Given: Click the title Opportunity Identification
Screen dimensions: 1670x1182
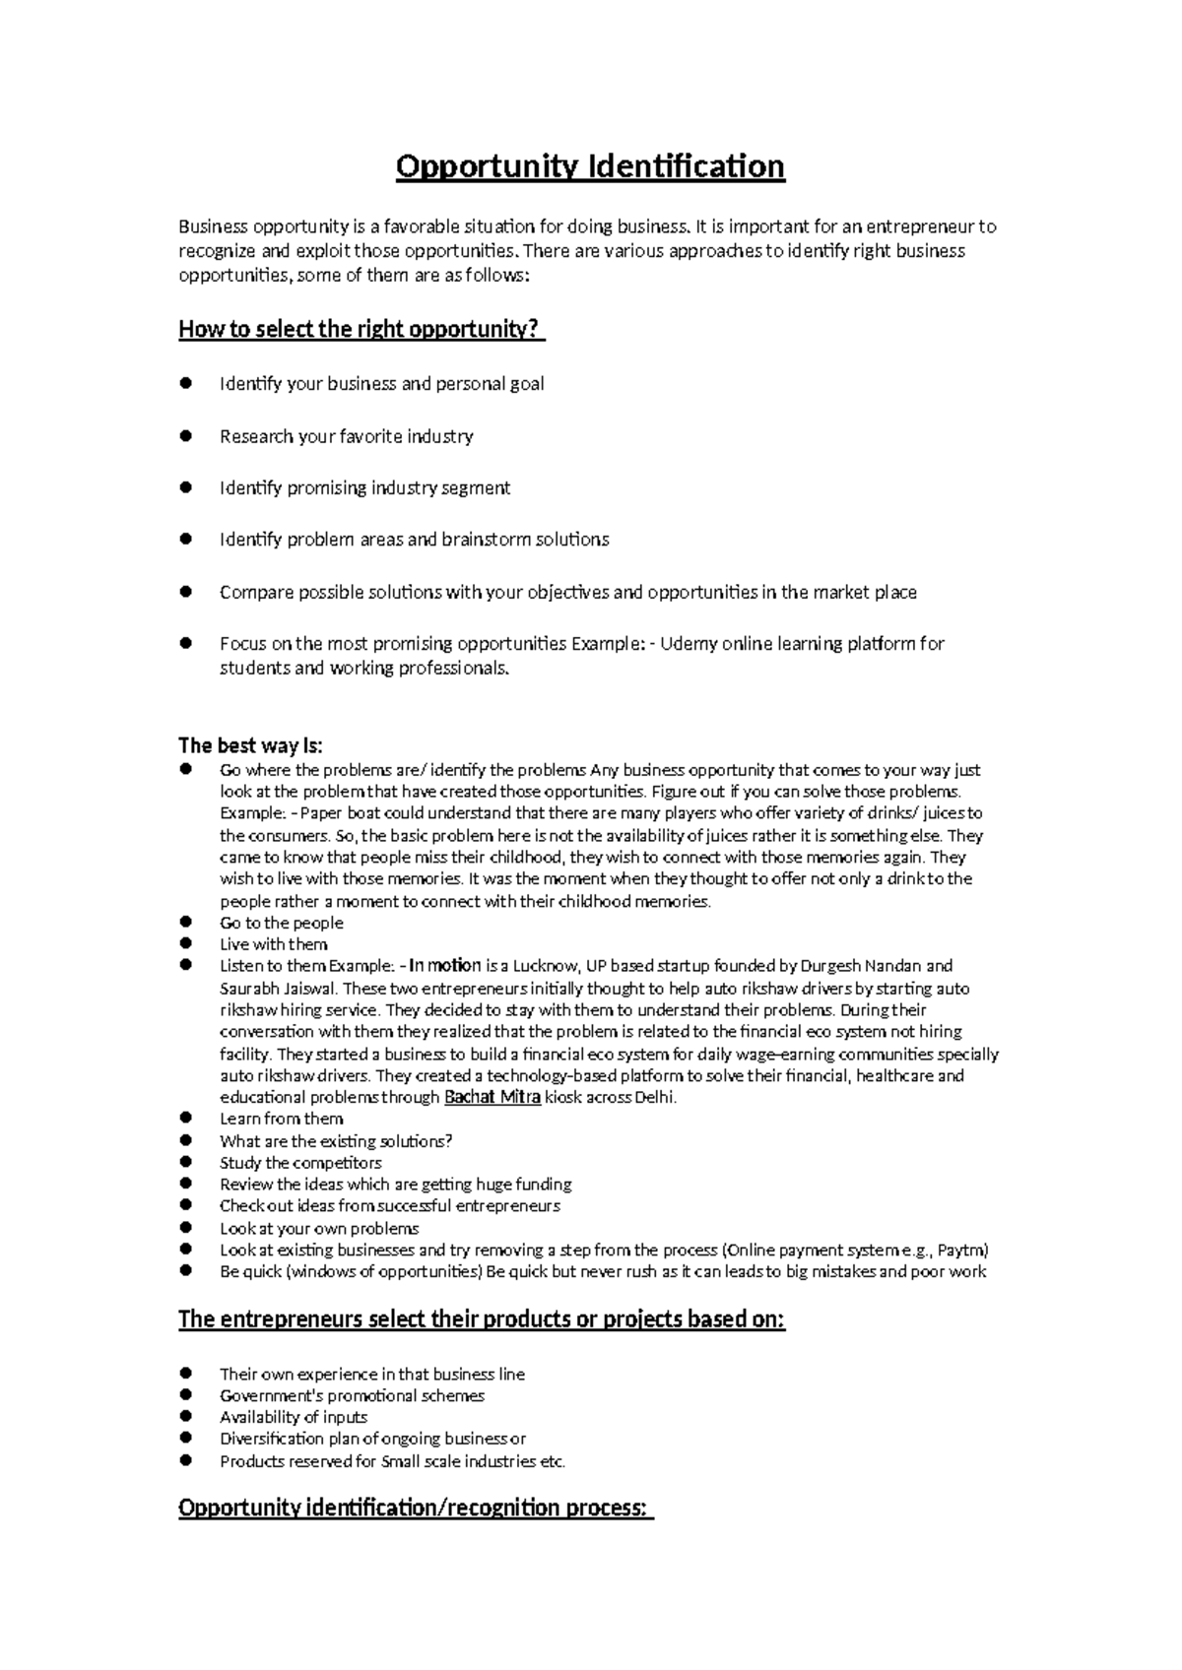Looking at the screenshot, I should pyautogui.click(x=590, y=166).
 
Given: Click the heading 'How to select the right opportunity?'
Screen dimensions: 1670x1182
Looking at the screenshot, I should pyautogui.click(x=360, y=330).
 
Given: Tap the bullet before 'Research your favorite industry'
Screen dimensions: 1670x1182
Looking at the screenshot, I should pyautogui.click(x=184, y=435).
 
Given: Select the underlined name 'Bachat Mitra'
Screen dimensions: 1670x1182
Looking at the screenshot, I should pyautogui.click(x=492, y=1098).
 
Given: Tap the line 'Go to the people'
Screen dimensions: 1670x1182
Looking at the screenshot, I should pyautogui.click(x=281, y=923).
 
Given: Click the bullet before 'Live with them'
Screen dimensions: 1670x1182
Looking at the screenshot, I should pyautogui.click(x=184, y=944).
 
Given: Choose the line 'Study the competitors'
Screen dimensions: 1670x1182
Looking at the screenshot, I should pyautogui.click(x=300, y=1163).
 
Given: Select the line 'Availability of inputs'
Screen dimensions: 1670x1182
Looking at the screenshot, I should pyautogui.click(x=293, y=1417).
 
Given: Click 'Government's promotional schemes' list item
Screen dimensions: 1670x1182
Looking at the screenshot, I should pyautogui.click(x=352, y=1395).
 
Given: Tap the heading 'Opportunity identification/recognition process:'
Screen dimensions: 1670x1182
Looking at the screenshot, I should pyautogui.click(x=415, y=1509).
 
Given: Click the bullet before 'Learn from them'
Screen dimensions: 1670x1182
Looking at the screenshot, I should pyautogui.click(x=184, y=1119).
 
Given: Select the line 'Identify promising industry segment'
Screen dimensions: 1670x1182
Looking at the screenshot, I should pyautogui.click(x=364, y=487).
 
